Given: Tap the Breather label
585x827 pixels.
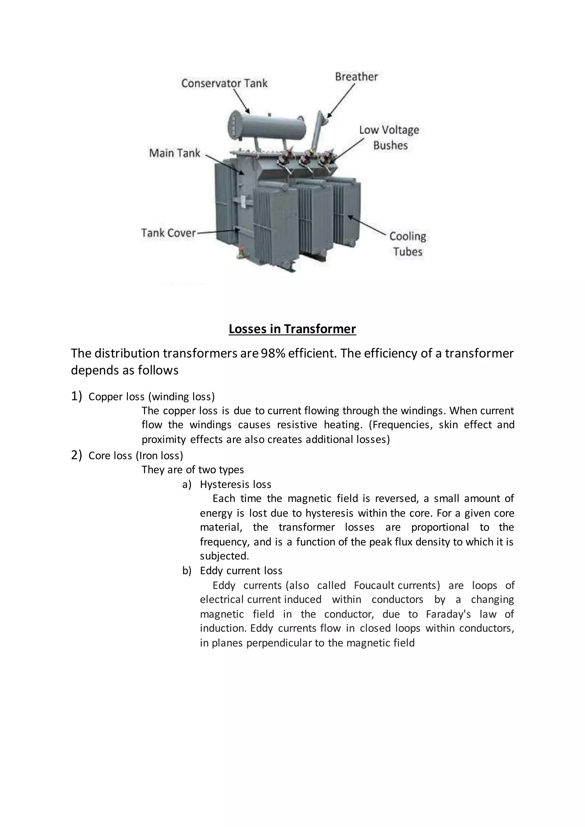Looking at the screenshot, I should [x=356, y=77].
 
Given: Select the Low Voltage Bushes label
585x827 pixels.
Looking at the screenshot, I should [x=389, y=138].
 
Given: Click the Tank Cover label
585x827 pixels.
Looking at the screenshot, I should [x=168, y=233].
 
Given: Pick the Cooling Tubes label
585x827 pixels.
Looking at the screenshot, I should [x=407, y=244].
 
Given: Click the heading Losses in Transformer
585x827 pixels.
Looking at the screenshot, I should [x=292, y=329].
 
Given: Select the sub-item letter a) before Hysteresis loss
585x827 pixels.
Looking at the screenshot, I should [x=187, y=484].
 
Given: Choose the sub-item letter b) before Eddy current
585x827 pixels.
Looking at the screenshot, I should [x=187, y=571].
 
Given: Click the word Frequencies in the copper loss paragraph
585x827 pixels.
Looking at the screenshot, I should [x=400, y=425].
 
